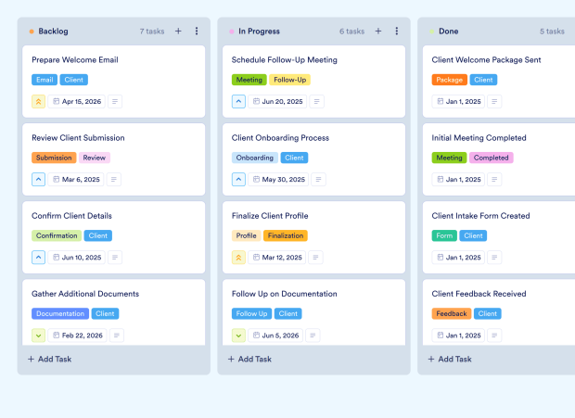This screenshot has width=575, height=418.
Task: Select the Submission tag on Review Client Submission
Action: (x=54, y=158)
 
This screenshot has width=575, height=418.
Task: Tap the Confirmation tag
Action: (x=57, y=235)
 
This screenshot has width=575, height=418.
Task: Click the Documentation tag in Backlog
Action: (x=60, y=313)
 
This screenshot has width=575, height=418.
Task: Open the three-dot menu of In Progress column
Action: (x=397, y=32)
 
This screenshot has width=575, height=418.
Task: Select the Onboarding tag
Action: (x=255, y=158)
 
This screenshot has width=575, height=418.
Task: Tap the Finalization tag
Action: (x=285, y=235)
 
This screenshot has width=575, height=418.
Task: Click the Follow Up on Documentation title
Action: (x=285, y=294)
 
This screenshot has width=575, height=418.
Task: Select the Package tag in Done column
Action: (x=450, y=80)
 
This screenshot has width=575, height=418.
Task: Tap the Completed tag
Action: (x=491, y=158)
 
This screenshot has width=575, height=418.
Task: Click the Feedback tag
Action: (x=451, y=313)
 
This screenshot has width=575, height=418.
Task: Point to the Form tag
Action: (x=444, y=235)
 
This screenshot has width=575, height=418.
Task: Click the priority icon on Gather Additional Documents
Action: (x=39, y=336)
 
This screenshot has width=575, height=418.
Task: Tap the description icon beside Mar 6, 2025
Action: (x=115, y=180)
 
